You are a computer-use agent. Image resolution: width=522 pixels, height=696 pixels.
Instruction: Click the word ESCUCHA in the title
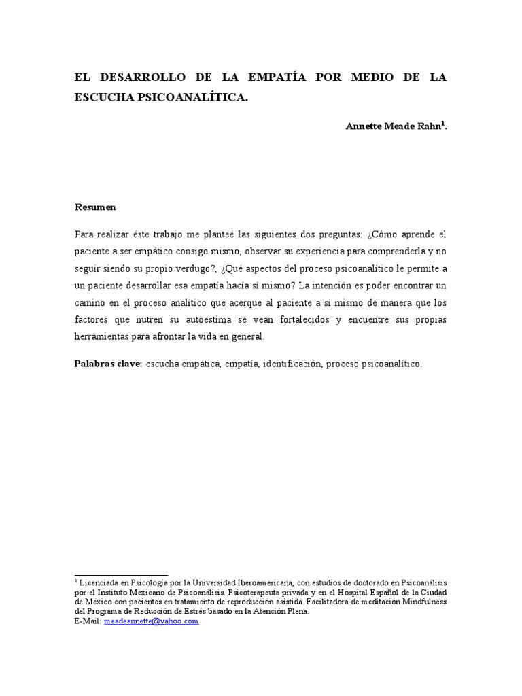(105, 97)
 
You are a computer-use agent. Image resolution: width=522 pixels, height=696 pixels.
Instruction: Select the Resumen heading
(95, 207)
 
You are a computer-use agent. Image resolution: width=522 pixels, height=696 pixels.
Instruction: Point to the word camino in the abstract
(92, 302)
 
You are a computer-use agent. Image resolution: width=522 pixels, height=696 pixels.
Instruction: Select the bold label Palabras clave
(107, 364)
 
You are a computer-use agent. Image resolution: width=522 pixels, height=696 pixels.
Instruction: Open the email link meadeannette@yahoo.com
(151, 621)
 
